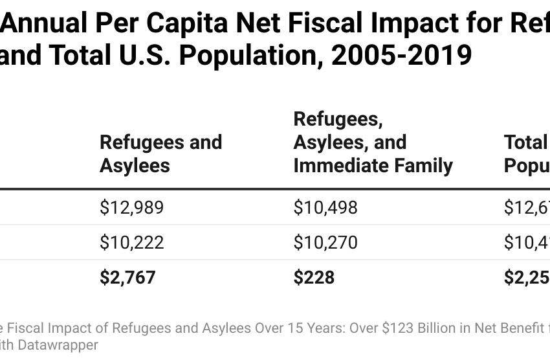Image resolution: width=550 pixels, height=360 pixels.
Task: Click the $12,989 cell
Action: click(132, 207)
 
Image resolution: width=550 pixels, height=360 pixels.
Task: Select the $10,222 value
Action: click(132, 242)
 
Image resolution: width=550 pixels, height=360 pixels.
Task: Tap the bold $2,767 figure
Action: click(127, 277)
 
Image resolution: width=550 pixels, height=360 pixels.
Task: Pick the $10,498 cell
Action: click(325, 207)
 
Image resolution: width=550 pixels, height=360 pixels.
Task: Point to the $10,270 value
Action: click(325, 242)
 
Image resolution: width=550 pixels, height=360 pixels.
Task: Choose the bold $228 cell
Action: click(314, 277)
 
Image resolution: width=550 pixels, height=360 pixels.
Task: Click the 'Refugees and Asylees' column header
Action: click(160, 154)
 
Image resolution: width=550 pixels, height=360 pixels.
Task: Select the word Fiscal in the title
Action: click(342, 24)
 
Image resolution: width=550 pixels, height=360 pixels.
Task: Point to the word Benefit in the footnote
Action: click(521, 328)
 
